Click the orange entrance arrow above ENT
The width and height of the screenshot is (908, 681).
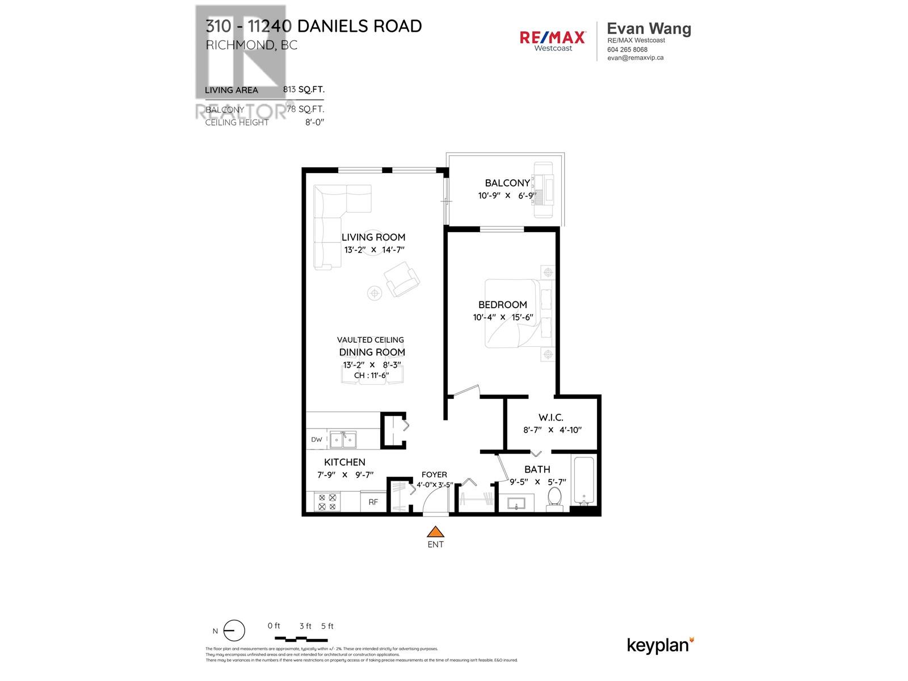[435, 532]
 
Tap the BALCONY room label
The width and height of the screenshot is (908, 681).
[507, 183]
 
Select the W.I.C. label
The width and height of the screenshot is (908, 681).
[551, 417]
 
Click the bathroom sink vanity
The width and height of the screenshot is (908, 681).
[516, 503]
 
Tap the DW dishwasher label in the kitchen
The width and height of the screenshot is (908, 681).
[317, 439]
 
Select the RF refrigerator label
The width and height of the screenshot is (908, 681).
[373, 502]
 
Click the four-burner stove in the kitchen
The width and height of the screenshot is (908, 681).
[327, 502]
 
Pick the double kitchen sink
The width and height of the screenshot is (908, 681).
[343, 439]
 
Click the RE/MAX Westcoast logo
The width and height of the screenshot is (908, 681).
[553, 40]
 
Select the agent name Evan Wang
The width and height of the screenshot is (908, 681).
[649, 29]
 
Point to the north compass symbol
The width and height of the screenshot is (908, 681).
[234, 630]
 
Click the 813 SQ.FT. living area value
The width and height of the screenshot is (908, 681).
[304, 90]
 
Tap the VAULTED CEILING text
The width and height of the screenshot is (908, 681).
[371, 340]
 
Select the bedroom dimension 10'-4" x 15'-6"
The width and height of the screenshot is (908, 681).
[503, 317]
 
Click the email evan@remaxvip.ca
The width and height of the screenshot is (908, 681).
[635, 58]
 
